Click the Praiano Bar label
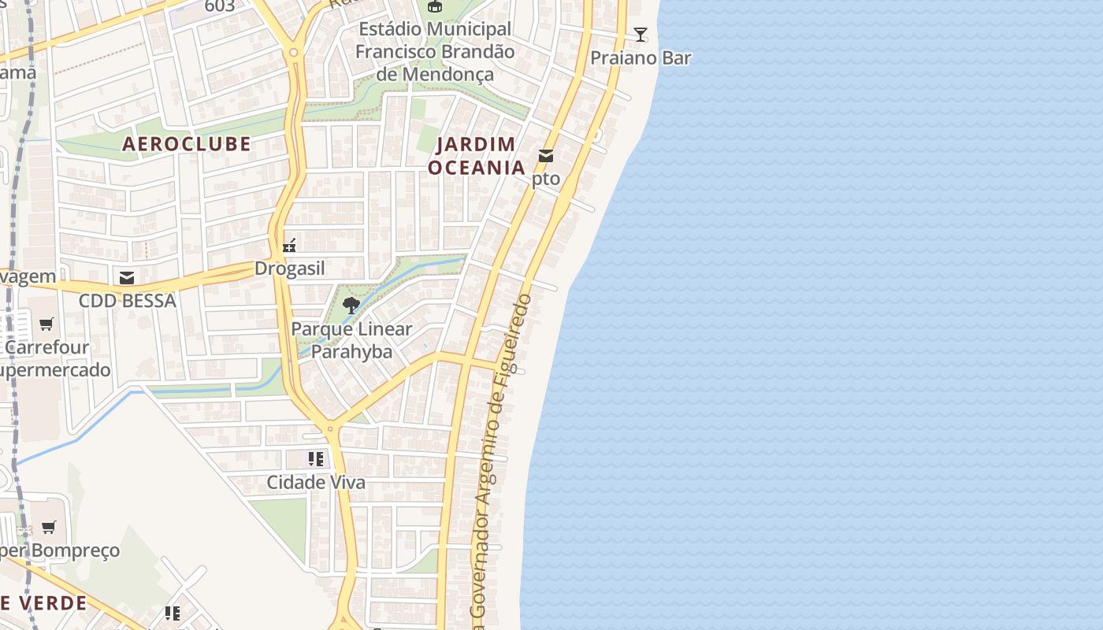point(641,58)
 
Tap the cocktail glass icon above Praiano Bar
point(641,35)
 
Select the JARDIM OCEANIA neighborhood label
point(477,156)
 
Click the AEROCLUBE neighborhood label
point(187,143)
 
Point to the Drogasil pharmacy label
point(289,269)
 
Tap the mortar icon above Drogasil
point(289,246)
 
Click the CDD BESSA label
point(127,301)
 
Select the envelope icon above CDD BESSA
point(127,278)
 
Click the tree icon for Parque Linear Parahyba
point(351,306)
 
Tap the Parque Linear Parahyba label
point(351,339)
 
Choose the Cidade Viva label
point(316,482)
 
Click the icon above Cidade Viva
point(316,459)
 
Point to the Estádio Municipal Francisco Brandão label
point(435,52)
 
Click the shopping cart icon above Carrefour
point(47,324)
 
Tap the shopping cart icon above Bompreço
point(49,527)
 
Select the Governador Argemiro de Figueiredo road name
point(500,457)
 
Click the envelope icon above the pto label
point(546,156)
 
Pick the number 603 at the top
point(219,7)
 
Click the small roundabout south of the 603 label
point(293,53)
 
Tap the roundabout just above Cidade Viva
point(330,430)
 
